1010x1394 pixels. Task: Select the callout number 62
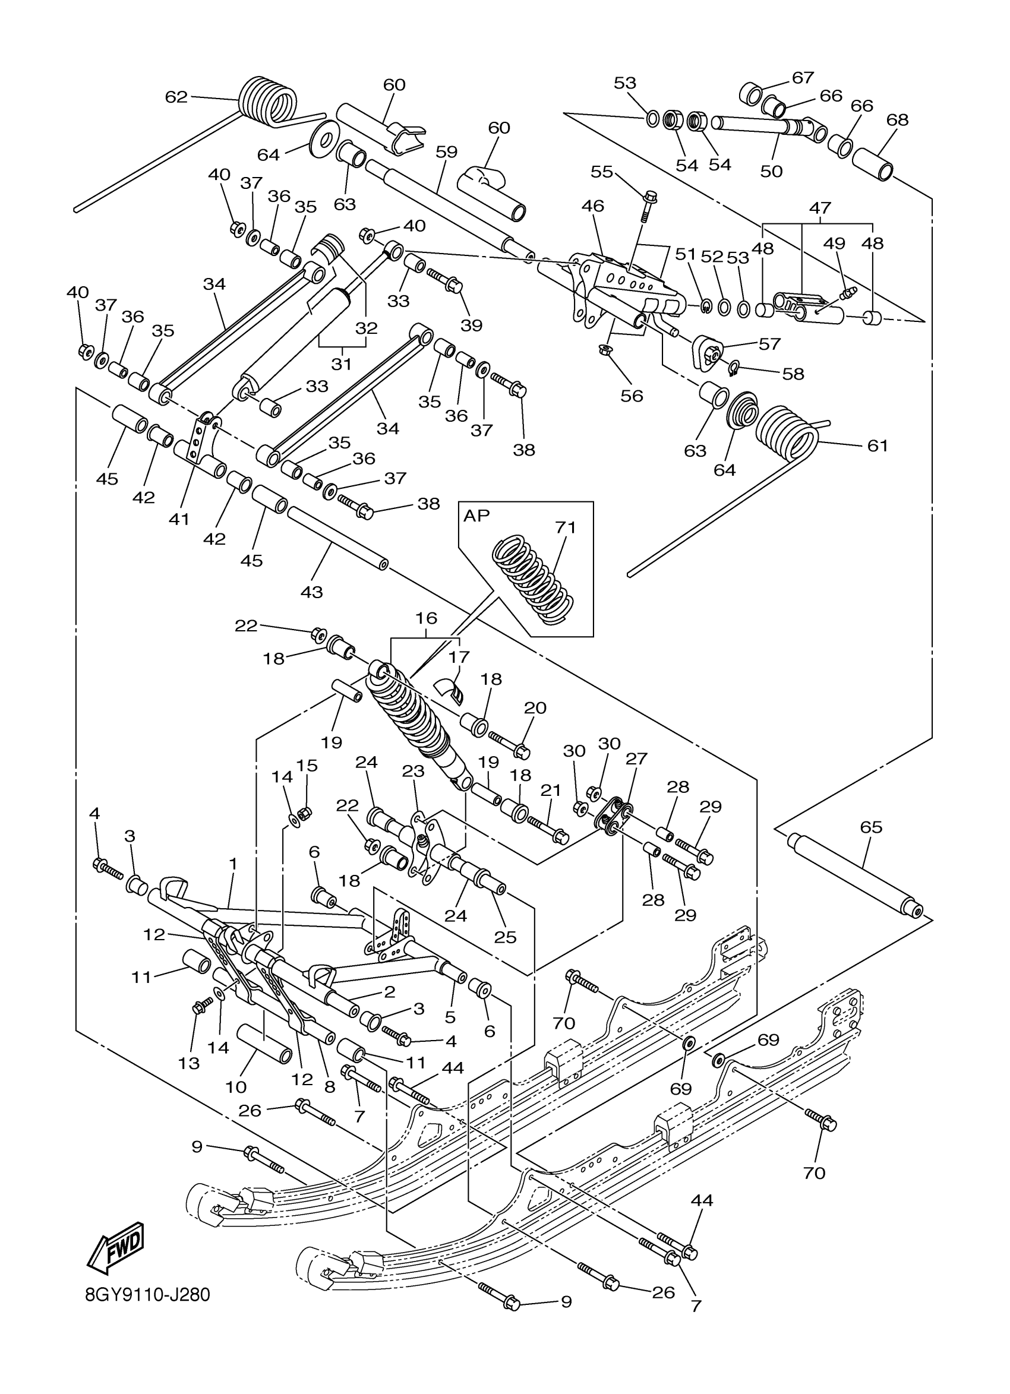coord(176,97)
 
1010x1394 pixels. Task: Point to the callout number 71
coord(565,527)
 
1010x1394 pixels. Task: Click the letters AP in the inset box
coord(476,516)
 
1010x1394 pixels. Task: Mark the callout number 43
coord(312,592)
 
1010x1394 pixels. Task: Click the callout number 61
coord(878,445)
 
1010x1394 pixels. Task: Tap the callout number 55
coord(602,172)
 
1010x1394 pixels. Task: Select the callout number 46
coord(592,206)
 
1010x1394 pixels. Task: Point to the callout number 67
coord(802,77)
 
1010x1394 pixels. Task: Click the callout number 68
coord(898,120)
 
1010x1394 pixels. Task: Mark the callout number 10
coord(236,1087)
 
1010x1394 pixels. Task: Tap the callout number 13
coord(189,1063)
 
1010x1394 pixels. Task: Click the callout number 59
coord(447,152)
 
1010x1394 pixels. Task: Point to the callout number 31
coord(341,364)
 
